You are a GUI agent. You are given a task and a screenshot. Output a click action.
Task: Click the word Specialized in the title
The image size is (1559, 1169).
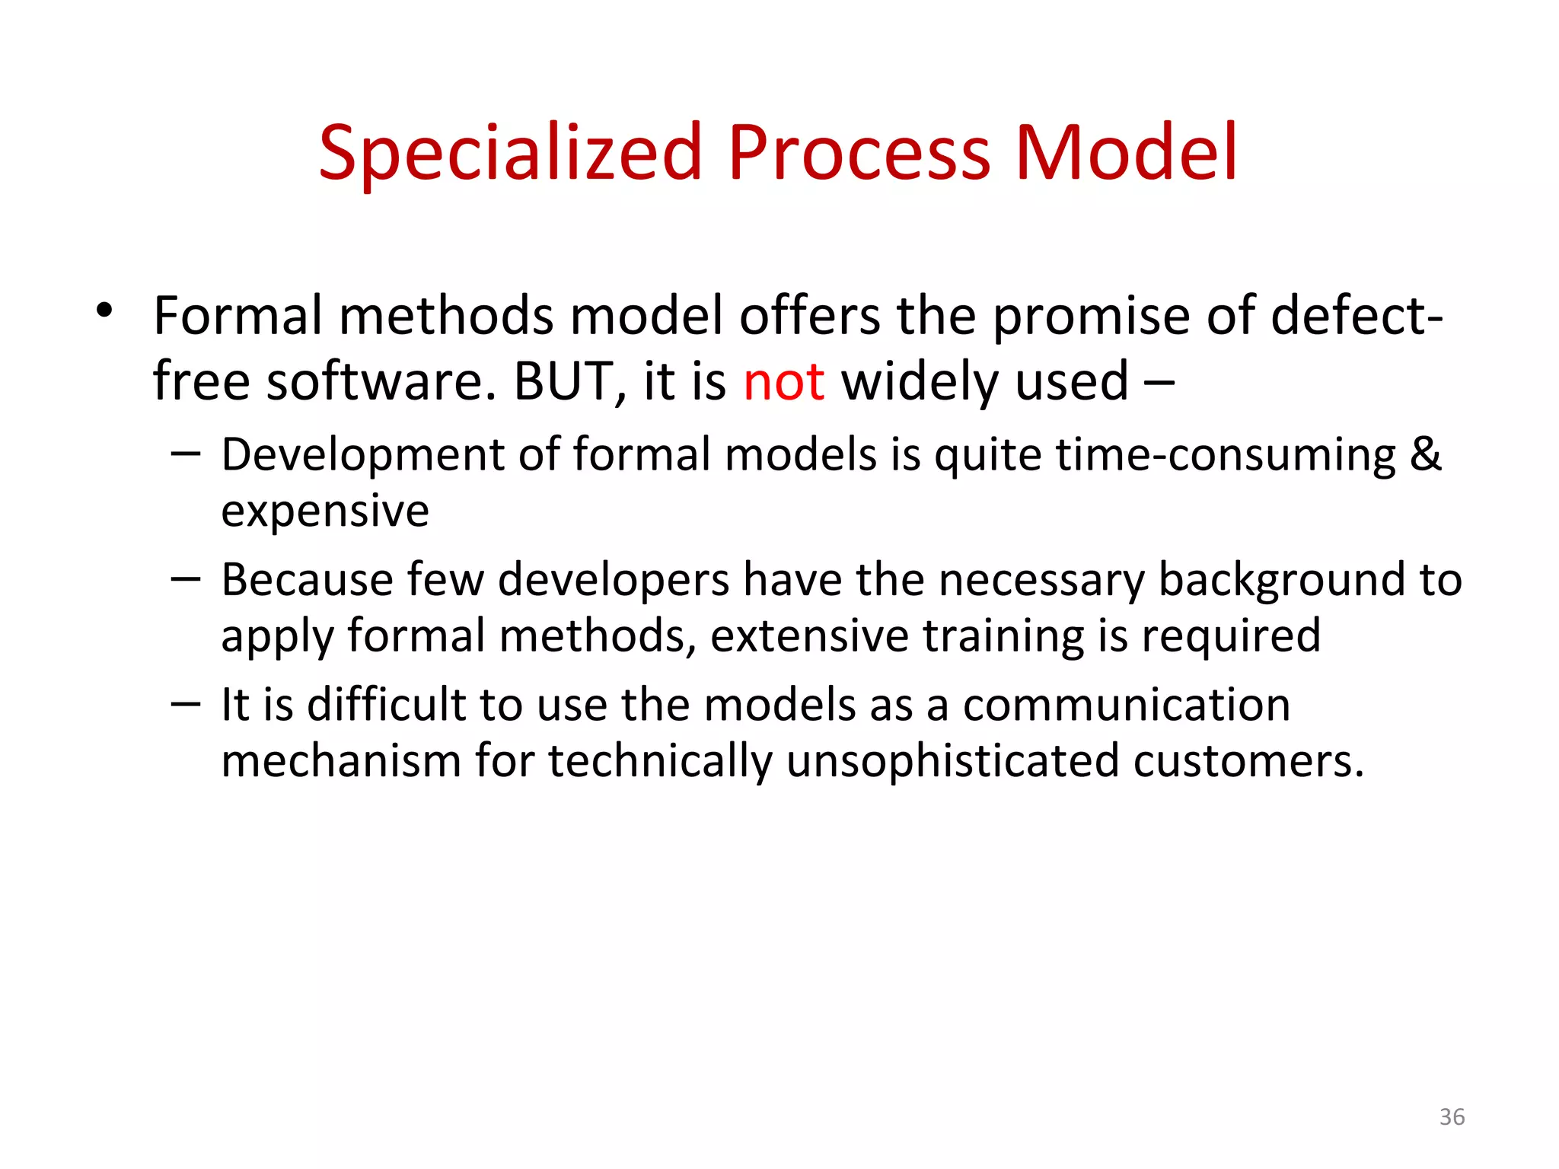tap(509, 154)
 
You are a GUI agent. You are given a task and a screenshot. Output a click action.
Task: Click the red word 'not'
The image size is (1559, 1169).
tap(783, 381)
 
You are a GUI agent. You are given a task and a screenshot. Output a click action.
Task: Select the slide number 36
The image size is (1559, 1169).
tap(1452, 1116)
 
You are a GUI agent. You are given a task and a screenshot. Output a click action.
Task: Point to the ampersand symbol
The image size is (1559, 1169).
tap(1425, 454)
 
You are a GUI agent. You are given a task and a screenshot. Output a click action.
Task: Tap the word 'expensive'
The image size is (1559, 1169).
tap(325, 511)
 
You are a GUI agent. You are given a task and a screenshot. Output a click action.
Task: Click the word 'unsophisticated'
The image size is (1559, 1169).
tap(952, 761)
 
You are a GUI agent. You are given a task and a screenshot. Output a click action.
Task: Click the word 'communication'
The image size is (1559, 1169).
tap(1126, 705)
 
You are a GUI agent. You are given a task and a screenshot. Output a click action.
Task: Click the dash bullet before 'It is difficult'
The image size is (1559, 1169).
tap(185, 704)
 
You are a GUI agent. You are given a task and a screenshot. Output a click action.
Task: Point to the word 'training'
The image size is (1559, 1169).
tap(1003, 636)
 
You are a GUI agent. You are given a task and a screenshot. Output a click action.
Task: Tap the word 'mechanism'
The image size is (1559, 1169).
tap(341, 761)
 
